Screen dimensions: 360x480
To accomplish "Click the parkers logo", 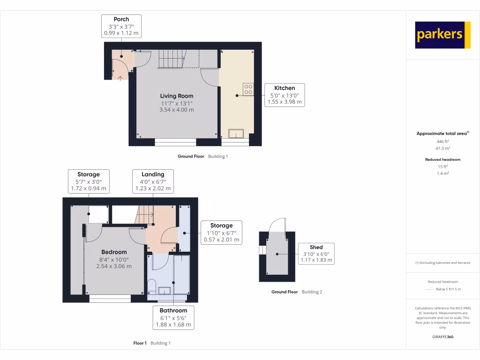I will [x=442, y=35].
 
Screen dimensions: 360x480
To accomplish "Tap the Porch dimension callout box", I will [x=121, y=26].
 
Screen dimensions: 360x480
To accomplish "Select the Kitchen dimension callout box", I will [x=285, y=95].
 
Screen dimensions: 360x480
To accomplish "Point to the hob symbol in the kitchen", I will [x=247, y=89].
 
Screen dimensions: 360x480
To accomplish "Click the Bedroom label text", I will [x=114, y=252].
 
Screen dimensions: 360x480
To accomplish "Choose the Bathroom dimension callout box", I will [x=173, y=317].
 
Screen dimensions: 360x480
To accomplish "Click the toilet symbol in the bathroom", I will [x=151, y=285].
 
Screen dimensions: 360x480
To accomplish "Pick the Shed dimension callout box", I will [x=316, y=254].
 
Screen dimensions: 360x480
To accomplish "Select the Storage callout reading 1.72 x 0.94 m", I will [x=89, y=181].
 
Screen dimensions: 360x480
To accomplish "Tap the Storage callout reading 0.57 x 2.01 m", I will [x=221, y=232].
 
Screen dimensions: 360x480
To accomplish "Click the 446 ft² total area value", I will [x=442, y=141].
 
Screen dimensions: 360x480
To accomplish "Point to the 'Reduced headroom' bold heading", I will [x=442, y=159].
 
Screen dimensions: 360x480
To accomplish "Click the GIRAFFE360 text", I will [x=442, y=337].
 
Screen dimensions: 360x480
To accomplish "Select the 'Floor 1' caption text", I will [x=140, y=343].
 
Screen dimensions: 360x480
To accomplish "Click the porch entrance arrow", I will [x=120, y=77].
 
